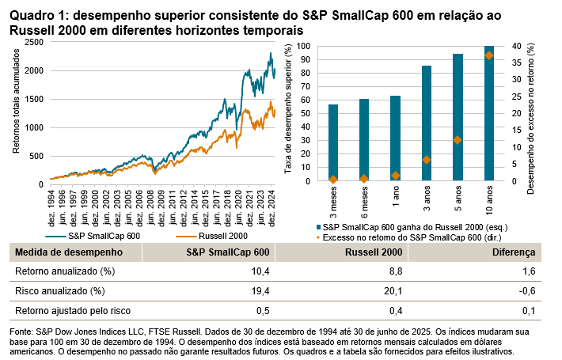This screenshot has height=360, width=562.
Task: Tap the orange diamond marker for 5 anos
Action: (x=457, y=140)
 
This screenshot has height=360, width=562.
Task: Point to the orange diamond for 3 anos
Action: (x=427, y=160)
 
